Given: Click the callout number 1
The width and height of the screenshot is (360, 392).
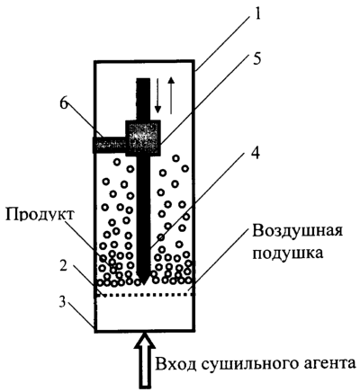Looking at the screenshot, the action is click(256, 14).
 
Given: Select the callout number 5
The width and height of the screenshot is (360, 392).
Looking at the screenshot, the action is click(256, 58).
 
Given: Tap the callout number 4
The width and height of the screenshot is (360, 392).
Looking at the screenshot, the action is click(256, 153).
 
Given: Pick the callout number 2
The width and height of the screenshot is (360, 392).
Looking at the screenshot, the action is click(65, 267).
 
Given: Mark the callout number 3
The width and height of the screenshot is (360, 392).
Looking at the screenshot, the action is click(62, 302).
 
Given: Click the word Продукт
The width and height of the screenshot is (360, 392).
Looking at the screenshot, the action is click(40, 215).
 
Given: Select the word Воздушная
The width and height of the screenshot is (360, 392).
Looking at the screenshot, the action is click(298, 231).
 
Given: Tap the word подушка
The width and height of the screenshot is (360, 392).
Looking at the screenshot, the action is click(288, 254).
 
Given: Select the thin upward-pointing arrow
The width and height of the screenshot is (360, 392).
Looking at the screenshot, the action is click(171, 95).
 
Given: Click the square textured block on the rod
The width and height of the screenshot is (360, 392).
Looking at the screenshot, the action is click(143, 138).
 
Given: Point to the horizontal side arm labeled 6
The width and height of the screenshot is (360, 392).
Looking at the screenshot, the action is click(109, 145).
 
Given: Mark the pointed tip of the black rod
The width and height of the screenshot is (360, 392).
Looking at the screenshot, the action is click(143, 284).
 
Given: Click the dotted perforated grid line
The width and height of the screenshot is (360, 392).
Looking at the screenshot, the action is click(145, 295).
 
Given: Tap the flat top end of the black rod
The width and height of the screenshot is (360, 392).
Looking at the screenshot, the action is click(143, 79).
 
